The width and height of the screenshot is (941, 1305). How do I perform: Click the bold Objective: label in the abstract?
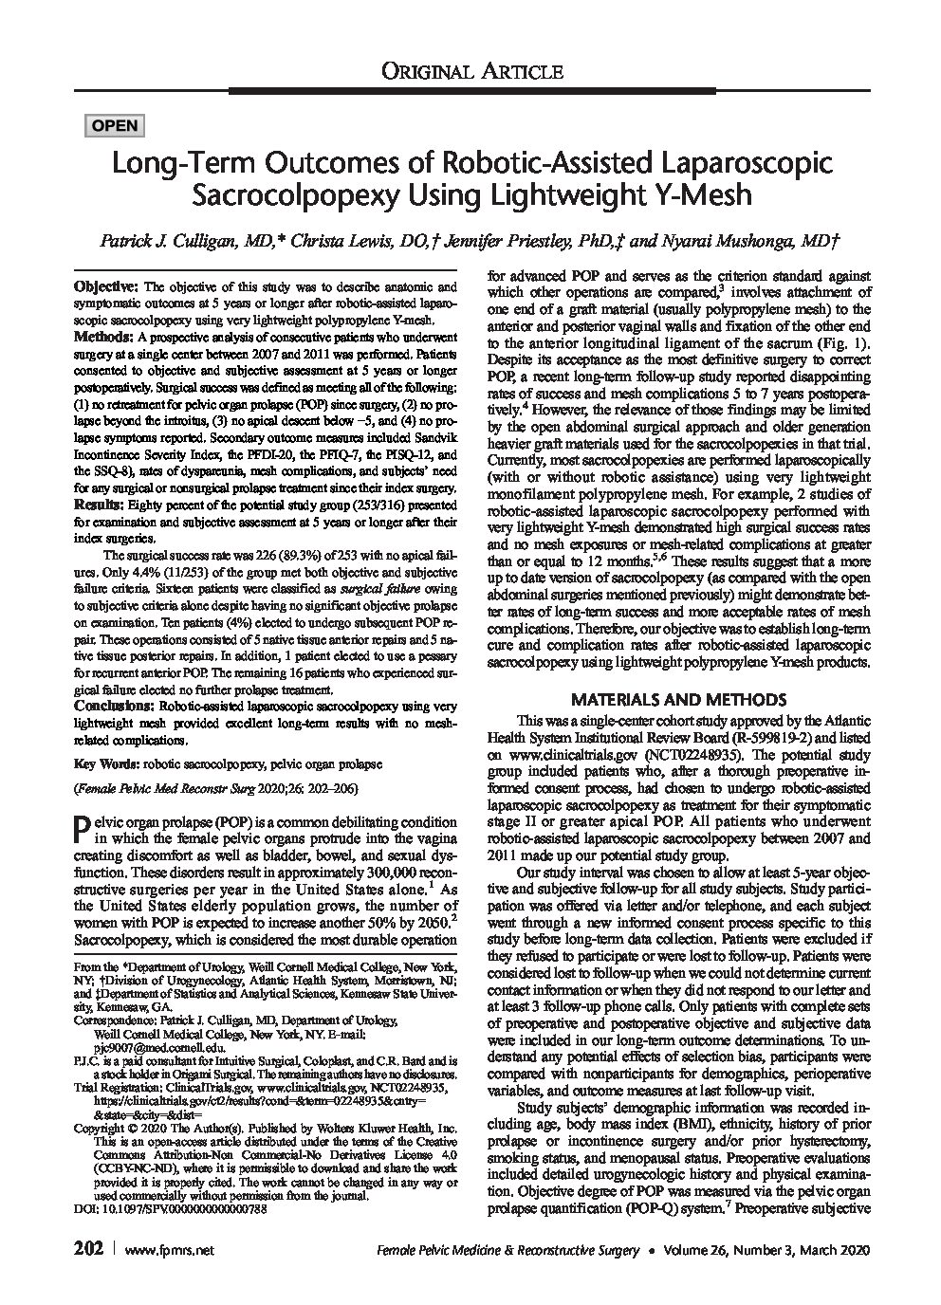[x=107, y=286]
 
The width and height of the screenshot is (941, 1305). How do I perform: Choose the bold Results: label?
[x=101, y=505]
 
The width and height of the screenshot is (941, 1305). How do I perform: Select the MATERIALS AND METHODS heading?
[x=677, y=700]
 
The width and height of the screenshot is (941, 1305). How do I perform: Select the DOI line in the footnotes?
[x=171, y=1211]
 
